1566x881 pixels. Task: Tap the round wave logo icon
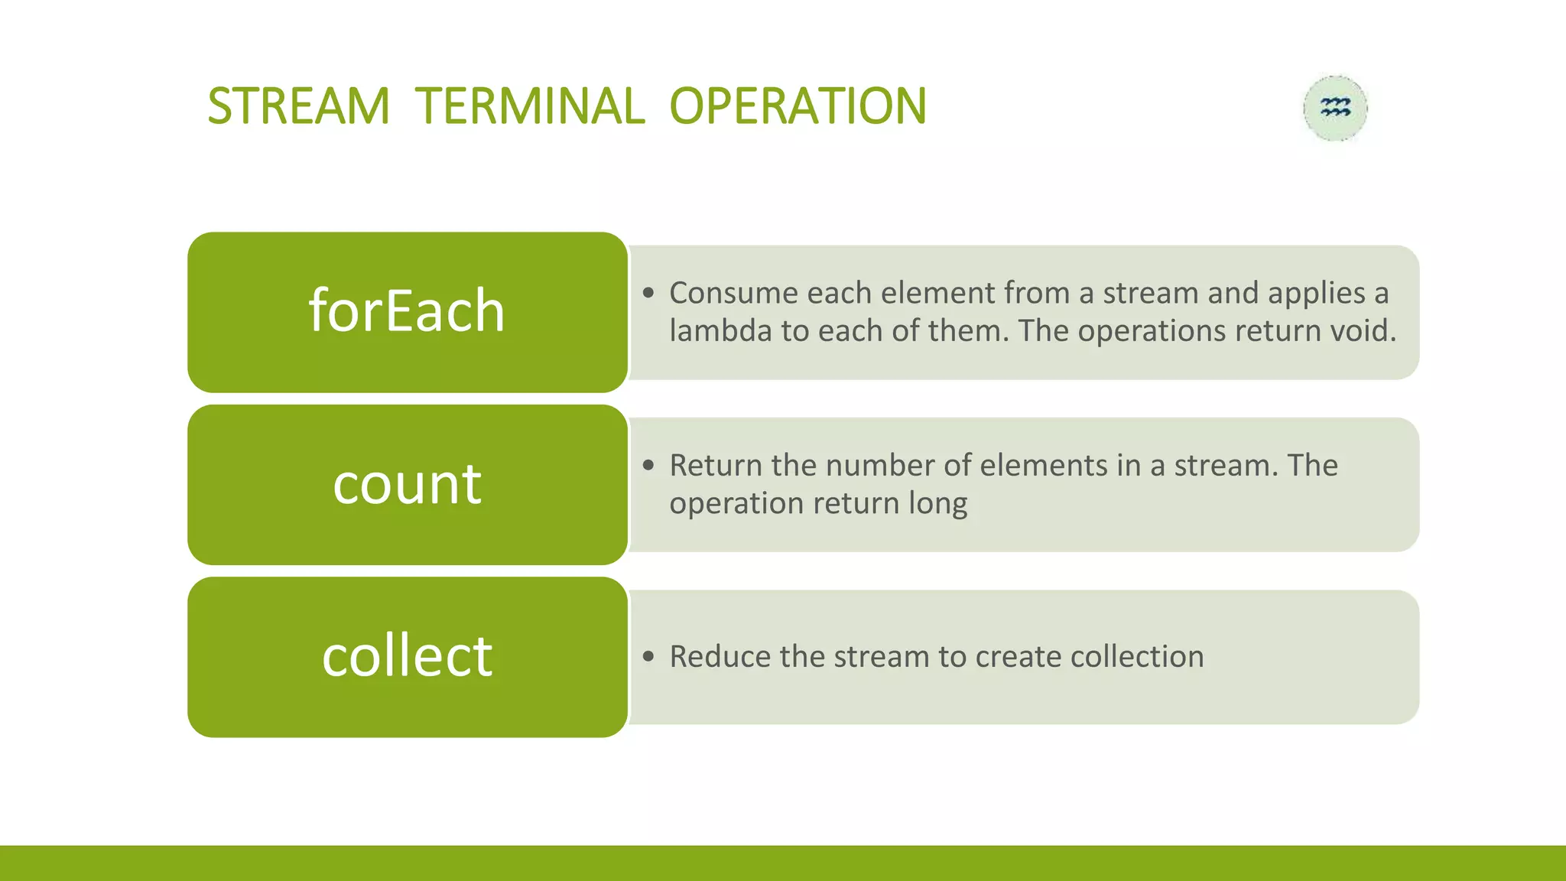pos(1335,108)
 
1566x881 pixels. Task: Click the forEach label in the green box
pos(407,311)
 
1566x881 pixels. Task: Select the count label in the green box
pos(407,484)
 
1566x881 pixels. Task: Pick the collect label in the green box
pos(407,656)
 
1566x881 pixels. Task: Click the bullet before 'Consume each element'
pos(649,293)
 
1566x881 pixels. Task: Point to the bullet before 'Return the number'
pos(649,465)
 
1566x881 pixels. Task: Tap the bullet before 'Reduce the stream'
pos(649,656)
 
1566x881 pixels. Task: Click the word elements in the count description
pos(1043,465)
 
